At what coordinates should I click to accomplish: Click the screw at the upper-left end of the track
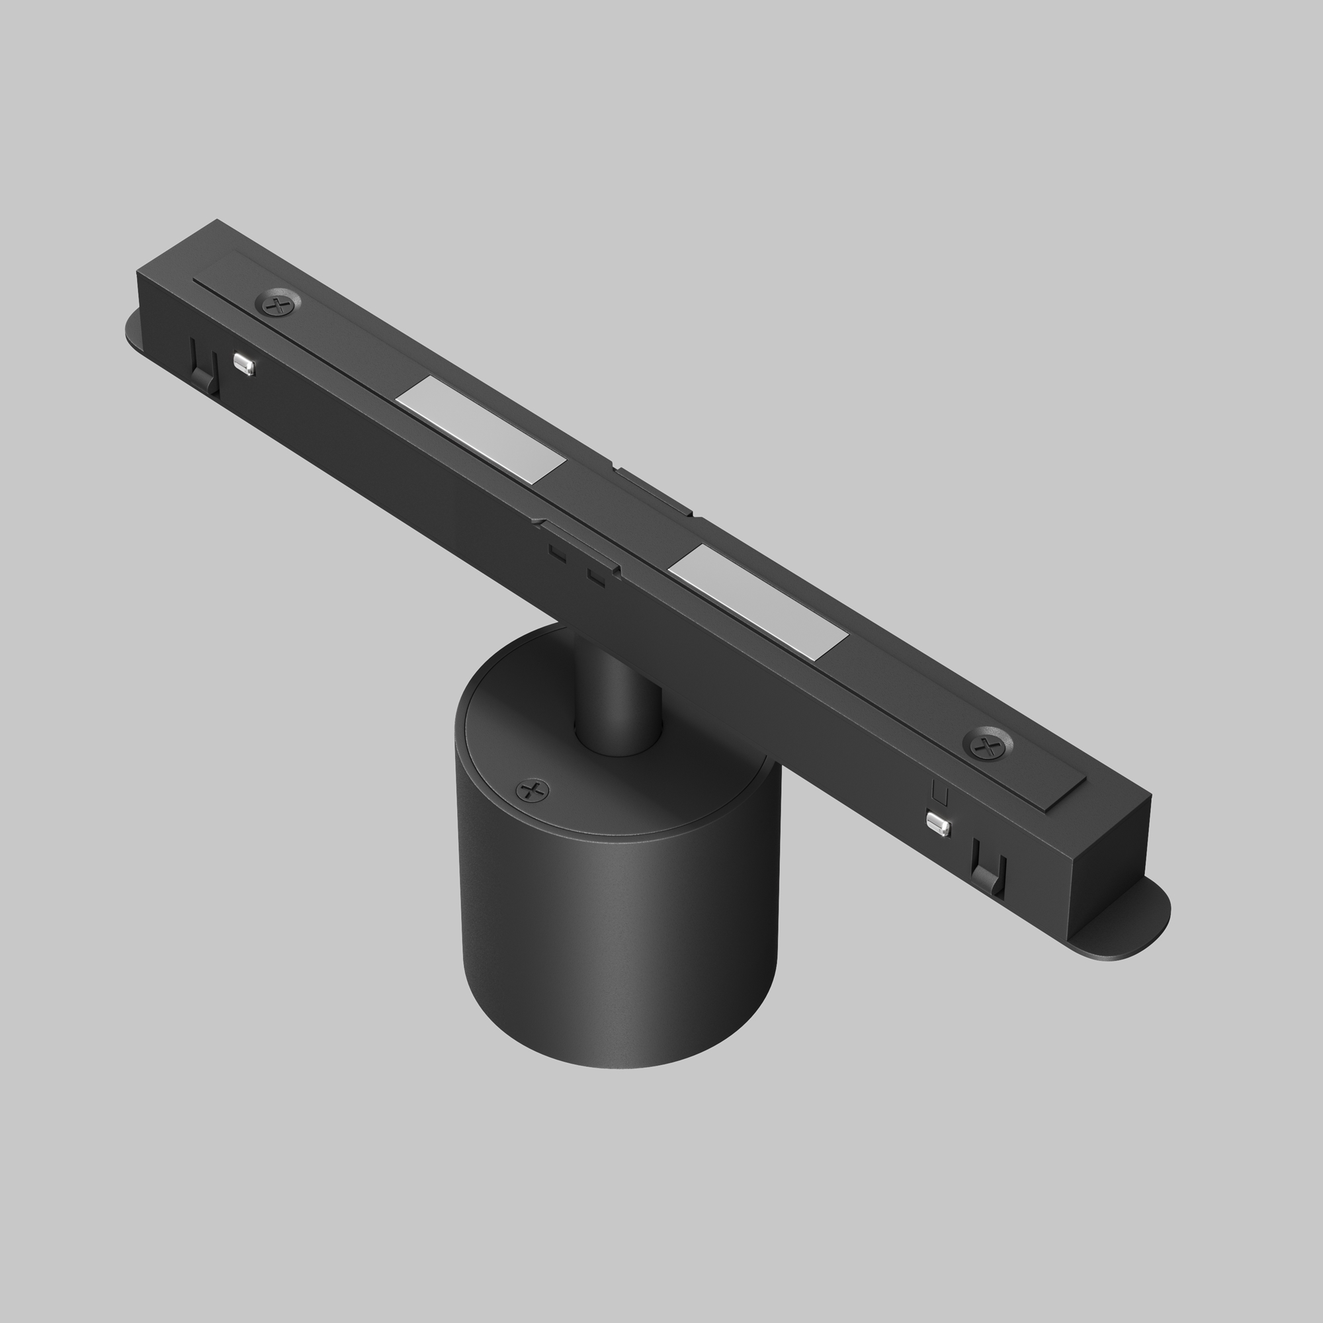click(278, 304)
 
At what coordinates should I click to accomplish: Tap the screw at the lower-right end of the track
click(987, 744)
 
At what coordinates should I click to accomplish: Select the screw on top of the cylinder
click(533, 791)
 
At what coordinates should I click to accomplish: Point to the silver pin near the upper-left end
click(244, 364)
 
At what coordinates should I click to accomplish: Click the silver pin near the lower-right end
click(938, 824)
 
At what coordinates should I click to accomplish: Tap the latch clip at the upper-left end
click(204, 367)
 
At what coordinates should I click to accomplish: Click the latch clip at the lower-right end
click(988, 874)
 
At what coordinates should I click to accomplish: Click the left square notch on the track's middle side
click(558, 552)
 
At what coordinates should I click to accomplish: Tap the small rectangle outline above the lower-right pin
click(940, 794)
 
